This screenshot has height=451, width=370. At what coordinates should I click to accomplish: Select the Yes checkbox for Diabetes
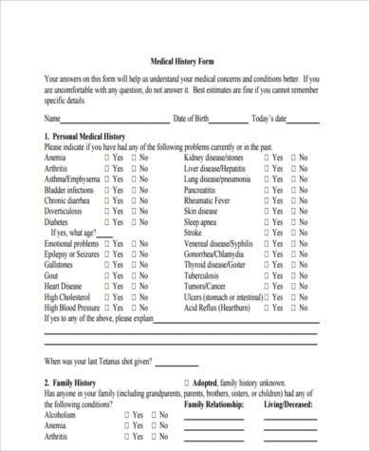[106, 221]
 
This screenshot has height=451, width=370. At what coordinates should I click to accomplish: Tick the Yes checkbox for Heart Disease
[106, 286]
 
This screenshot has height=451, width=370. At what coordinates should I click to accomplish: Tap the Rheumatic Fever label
[210, 199]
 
